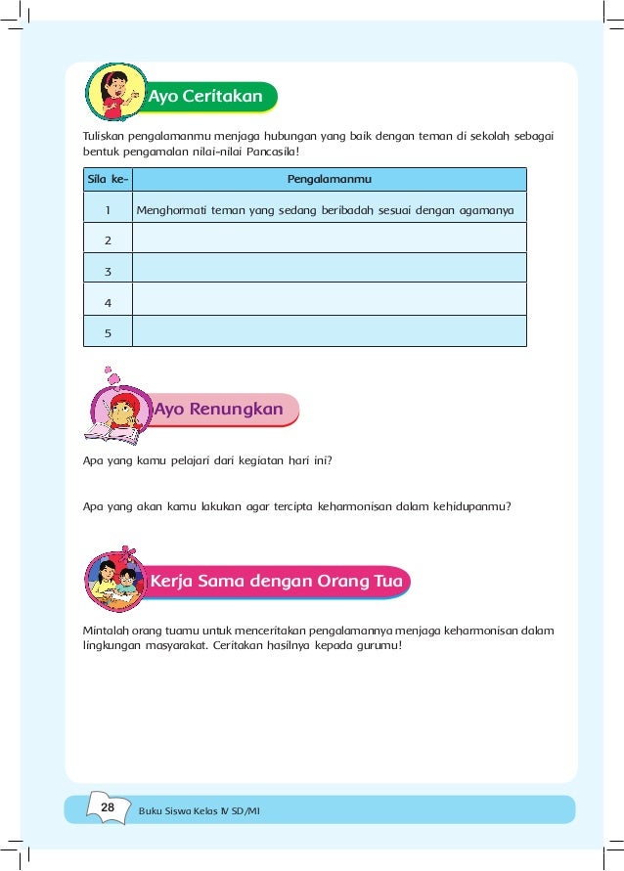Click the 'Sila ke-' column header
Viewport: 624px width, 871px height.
pos(103,180)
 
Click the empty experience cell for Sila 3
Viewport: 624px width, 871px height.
pos(329,268)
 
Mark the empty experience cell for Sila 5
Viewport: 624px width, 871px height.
pos(329,331)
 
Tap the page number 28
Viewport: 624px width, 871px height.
pos(108,807)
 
